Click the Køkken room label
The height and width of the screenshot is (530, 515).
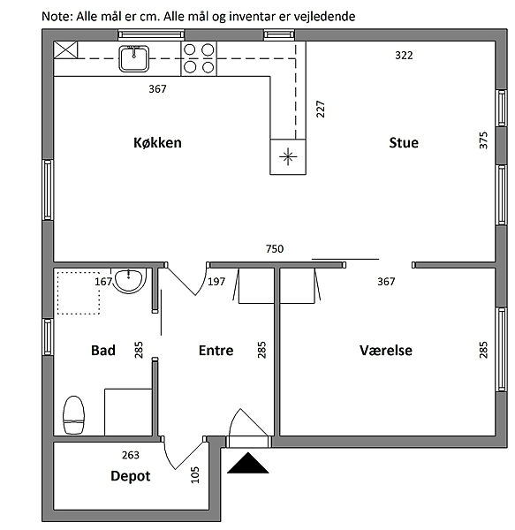pos(157,142)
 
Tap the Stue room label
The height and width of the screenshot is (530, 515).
pos(404,142)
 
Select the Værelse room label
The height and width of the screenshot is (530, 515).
pos(385,350)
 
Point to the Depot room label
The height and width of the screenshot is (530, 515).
pos(131,476)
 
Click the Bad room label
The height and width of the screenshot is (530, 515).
pos(103,350)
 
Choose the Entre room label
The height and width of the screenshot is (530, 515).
pos(216,350)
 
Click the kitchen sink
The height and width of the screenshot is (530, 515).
pos(133,59)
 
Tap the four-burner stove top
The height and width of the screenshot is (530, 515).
pos(199,59)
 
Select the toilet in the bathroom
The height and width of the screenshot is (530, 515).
pos(73,415)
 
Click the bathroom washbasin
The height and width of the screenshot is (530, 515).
pos(129,281)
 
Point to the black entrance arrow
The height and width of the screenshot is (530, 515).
pos(248,463)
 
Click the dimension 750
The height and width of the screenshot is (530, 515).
pos(275,249)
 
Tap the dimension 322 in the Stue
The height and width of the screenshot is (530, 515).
pos(404,56)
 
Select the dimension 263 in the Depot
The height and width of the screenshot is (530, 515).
pos(131,455)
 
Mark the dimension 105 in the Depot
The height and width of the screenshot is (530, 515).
pos(195,475)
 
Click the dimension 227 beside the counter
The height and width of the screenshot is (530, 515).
pos(321,109)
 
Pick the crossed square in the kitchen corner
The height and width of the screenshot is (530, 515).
pos(65,50)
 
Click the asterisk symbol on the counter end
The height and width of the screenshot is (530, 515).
pos(288,156)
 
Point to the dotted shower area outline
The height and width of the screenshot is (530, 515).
pos(79,293)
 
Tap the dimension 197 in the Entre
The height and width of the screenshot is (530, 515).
pos(216,282)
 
